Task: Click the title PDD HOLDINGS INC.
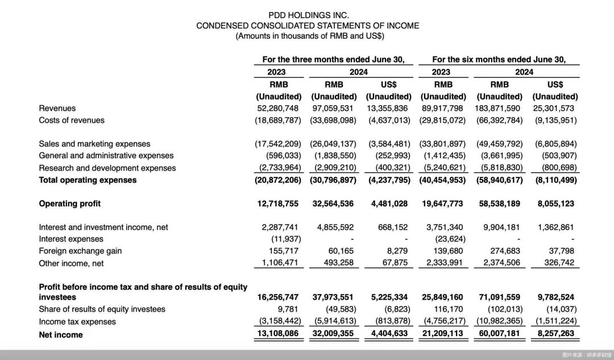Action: (308, 15)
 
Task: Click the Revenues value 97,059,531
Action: (334, 108)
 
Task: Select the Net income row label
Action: (61, 335)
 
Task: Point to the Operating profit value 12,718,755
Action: (278, 204)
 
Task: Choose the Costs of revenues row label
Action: (72, 121)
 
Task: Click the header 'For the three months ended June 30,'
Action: (333, 59)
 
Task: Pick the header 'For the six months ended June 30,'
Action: (499, 59)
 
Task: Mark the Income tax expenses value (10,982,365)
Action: (499, 321)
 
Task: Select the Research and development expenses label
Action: (107, 168)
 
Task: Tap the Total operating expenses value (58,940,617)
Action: (499, 180)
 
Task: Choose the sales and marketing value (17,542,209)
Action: (278, 144)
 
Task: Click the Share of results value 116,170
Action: (447, 309)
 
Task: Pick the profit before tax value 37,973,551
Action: (334, 297)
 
